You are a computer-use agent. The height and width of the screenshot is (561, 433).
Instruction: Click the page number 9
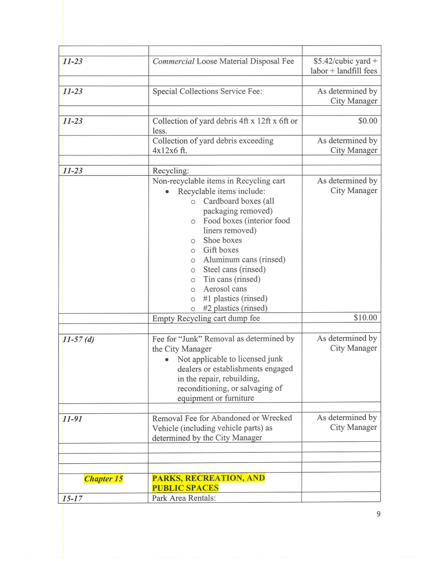[x=378, y=514]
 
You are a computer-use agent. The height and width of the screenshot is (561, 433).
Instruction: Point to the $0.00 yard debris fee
[x=368, y=121]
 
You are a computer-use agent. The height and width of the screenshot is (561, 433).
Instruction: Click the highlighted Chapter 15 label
[x=103, y=479]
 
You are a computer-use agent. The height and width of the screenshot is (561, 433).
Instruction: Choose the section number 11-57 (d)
[x=78, y=339]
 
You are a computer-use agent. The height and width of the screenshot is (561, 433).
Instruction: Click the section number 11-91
[x=73, y=418]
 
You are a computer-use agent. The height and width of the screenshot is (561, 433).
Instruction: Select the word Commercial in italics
[x=173, y=61]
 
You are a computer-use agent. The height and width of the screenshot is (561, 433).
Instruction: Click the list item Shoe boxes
[x=222, y=240]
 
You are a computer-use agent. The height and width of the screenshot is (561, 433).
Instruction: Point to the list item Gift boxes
[x=220, y=250]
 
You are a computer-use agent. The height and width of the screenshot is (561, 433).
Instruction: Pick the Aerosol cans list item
[x=225, y=289]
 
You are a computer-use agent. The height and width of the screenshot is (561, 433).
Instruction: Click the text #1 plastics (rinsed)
[x=235, y=298]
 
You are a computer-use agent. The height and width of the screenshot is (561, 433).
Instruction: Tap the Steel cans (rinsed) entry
[x=234, y=269]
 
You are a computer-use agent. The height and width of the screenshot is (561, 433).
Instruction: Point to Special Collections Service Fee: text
[x=207, y=91]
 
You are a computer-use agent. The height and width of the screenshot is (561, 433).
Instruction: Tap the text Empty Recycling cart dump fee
[x=206, y=318]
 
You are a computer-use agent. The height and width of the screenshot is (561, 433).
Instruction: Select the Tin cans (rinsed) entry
[x=232, y=279]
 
